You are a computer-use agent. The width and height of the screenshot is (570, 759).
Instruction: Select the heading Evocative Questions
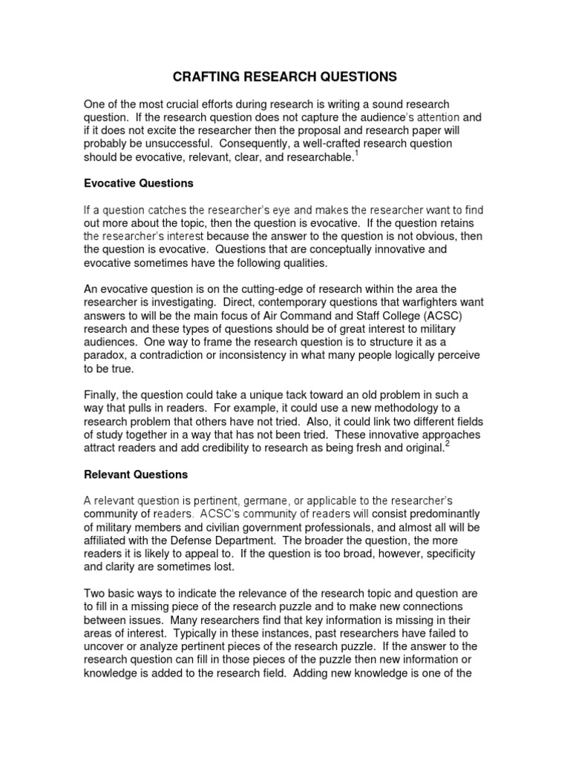[x=139, y=183]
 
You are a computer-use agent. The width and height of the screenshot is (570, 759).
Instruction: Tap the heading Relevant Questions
[x=136, y=474]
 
